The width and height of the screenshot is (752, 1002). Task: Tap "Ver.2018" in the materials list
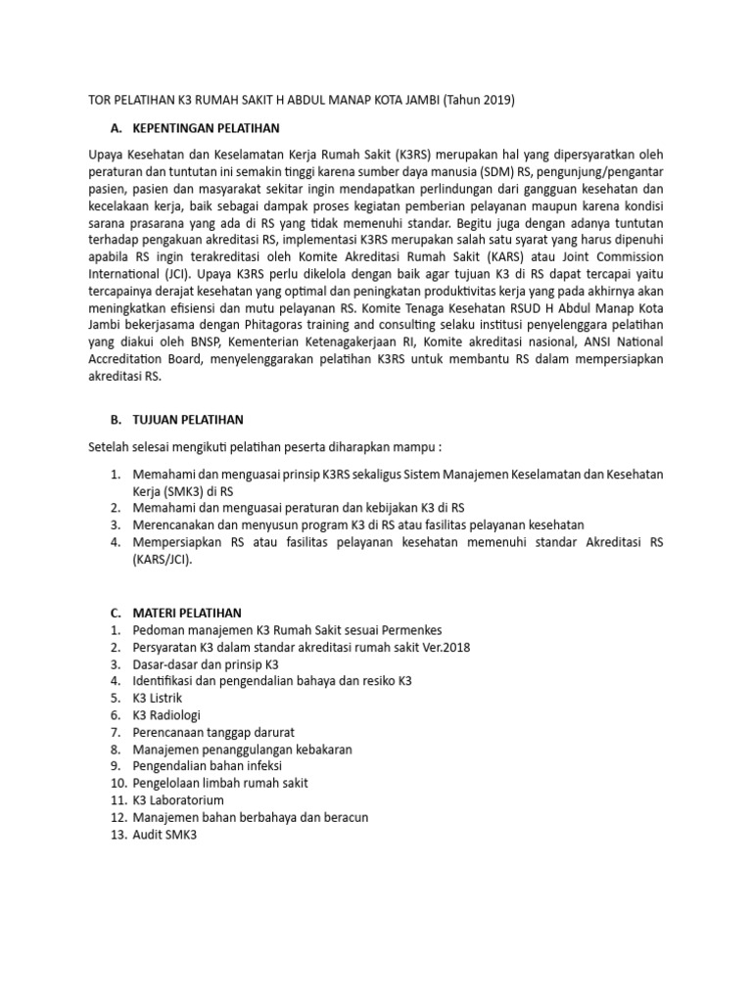click(442, 648)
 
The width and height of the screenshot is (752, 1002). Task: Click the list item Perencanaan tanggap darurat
click(214, 733)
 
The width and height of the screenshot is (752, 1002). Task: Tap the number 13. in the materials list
click(117, 835)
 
